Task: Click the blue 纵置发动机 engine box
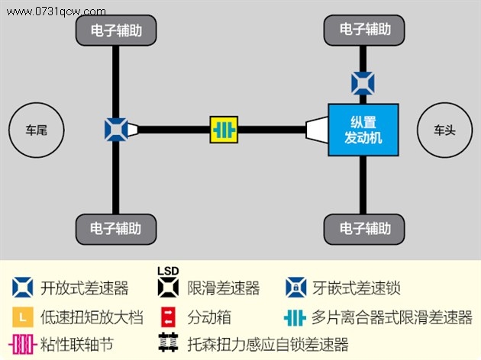pos(363,130)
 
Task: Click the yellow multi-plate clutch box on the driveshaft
pos(224,130)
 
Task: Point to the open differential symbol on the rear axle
pos(116,130)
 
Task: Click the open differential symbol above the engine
pos(363,83)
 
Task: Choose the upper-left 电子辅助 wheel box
pos(116,31)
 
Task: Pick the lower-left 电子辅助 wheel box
pos(116,229)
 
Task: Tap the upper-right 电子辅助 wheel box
pos(364,30)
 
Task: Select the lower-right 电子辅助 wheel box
pos(364,229)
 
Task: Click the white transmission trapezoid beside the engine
pos(317,130)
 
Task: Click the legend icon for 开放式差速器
pos(23,288)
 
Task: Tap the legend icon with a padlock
pos(295,288)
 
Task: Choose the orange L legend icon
pos(23,317)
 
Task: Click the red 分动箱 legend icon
pos(168,317)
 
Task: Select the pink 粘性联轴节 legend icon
pos(21,344)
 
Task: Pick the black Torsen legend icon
pos(168,342)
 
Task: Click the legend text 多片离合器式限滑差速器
pos(392,317)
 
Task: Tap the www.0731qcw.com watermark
pos(56,11)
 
